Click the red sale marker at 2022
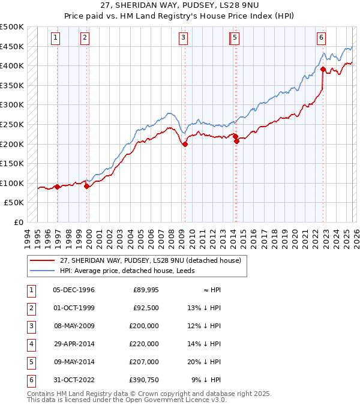point(323,69)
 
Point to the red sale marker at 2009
point(185,144)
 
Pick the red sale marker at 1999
point(87,186)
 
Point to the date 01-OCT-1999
point(73,308)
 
